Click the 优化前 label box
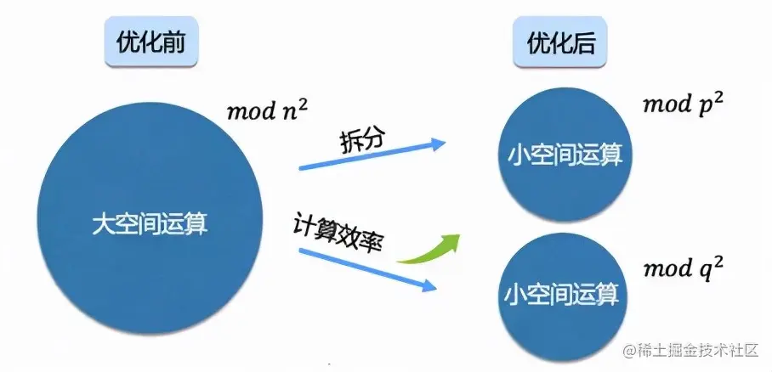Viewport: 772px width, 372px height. point(151,42)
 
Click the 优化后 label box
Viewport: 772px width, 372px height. point(560,42)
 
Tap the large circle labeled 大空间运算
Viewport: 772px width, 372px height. point(150,219)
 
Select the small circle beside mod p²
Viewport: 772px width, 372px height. point(565,155)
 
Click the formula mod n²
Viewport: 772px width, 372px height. point(267,110)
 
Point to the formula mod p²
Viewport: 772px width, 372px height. point(684,104)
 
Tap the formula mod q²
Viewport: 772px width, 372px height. point(684,268)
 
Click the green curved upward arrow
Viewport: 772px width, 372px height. point(429,249)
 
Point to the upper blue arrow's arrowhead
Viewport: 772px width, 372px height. point(438,143)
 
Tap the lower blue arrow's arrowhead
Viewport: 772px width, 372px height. point(429,285)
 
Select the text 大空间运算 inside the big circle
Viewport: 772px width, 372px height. point(150,225)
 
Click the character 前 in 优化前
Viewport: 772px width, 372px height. point(173,42)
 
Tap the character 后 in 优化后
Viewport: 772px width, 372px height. point(584,42)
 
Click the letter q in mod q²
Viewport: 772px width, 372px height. point(703,272)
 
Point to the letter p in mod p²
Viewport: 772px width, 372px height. point(704,107)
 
